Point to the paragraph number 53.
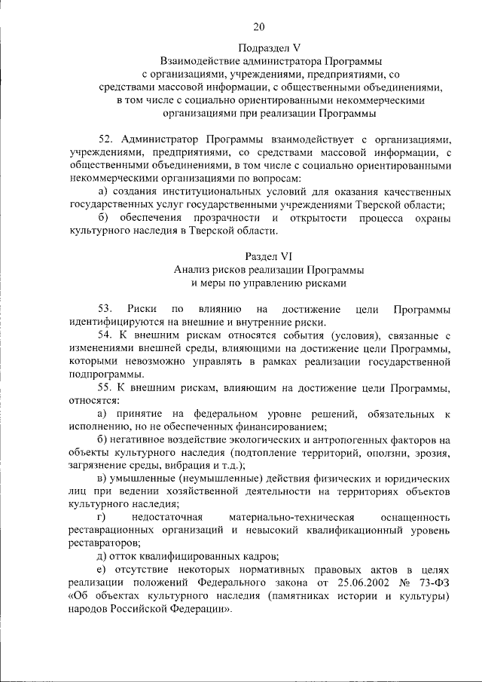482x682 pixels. [106, 309]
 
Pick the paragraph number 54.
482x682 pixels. [106, 335]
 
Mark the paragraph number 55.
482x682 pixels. [106, 388]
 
